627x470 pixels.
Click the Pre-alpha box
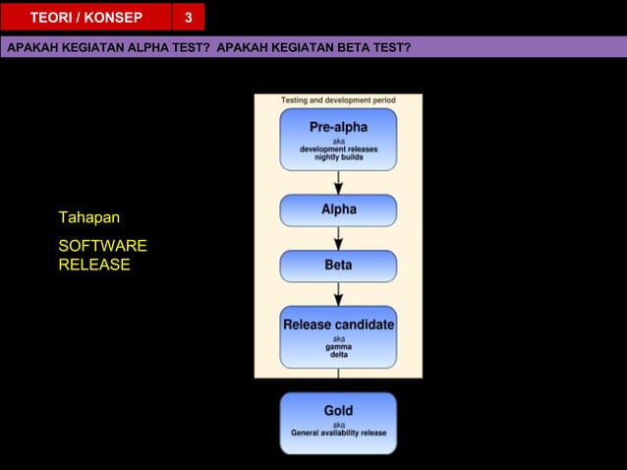(338, 139)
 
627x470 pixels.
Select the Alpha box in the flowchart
(338, 210)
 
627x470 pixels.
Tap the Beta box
(338, 265)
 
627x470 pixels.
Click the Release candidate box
(338, 336)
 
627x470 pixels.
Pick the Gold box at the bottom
(338, 423)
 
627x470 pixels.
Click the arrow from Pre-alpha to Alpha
(338, 182)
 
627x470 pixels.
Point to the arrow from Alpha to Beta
(338, 239)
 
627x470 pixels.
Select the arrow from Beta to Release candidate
(338, 294)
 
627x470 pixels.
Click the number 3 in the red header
(188, 18)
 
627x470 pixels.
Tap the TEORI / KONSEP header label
(85, 18)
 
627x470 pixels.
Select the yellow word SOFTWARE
(102, 246)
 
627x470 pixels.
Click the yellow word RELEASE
(94, 264)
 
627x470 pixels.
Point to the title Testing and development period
(338, 100)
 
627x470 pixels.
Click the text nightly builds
(338, 157)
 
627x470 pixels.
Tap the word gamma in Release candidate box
(338, 347)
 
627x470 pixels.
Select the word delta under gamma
(338, 355)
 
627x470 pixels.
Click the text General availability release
(338, 434)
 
